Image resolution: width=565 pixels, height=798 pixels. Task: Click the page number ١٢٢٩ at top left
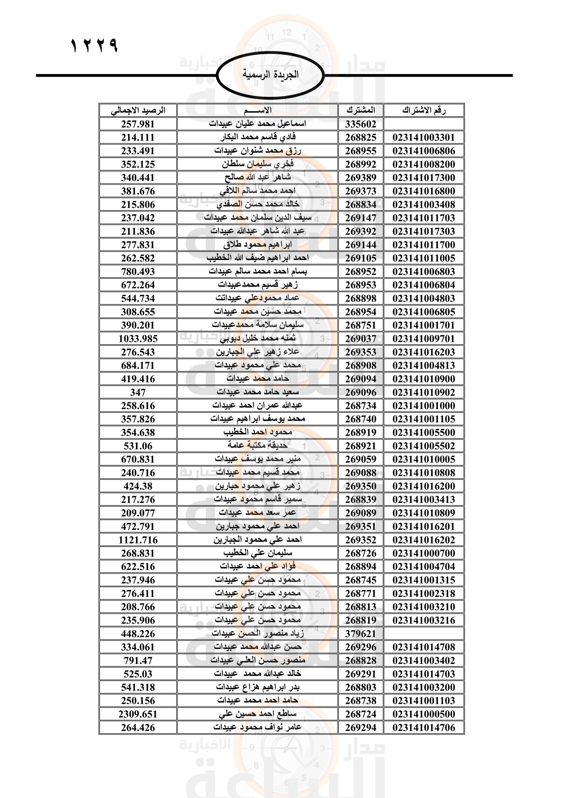pyautogui.click(x=95, y=45)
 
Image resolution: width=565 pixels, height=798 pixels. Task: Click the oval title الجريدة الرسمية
pyautogui.click(x=270, y=75)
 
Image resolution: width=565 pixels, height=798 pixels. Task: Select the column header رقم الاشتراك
pyautogui.click(x=424, y=111)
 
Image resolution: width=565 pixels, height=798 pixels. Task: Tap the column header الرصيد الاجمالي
pyautogui.click(x=138, y=111)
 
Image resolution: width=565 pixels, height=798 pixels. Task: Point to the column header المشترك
pyautogui.click(x=361, y=111)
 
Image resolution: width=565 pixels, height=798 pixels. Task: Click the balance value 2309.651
pyautogui.click(x=138, y=714)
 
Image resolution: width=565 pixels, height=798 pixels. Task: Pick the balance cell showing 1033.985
pyautogui.click(x=138, y=338)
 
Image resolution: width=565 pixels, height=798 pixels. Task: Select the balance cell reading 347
pyautogui.click(x=138, y=392)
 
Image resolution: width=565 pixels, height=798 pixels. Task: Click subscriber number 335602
pyautogui.click(x=361, y=124)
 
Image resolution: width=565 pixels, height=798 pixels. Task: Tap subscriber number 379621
pyautogui.click(x=361, y=634)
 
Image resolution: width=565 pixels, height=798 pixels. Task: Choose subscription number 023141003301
pyautogui.click(x=424, y=137)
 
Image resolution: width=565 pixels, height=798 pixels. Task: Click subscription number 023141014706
pyautogui.click(x=424, y=727)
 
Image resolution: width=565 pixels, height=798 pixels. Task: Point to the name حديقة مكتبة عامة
pyautogui.click(x=258, y=446)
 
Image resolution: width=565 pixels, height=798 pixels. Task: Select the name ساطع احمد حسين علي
pyautogui.click(x=258, y=714)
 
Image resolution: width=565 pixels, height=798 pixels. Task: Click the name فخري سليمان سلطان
pyautogui.click(x=258, y=164)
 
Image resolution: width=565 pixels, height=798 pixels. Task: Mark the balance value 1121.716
pyautogui.click(x=138, y=540)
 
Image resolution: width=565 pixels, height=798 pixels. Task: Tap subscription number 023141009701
pyautogui.click(x=424, y=338)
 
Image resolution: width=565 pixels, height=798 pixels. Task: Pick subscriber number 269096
pyautogui.click(x=361, y=392)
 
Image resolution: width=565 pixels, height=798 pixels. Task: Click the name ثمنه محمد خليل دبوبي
pyautogui.click(x=258, y=338)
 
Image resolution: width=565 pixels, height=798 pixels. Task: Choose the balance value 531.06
pyautogui.click(x=138, y=446)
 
